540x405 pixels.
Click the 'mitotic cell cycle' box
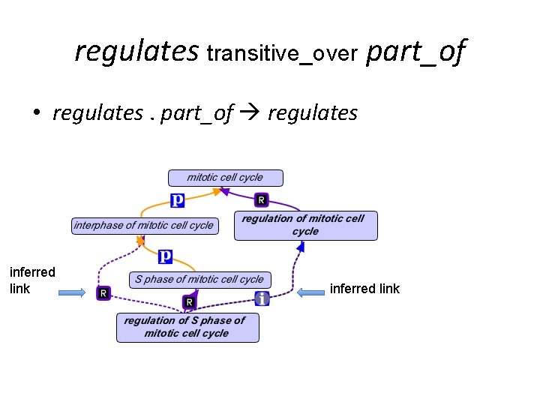point(225,178)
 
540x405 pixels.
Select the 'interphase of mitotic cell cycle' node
point(143,225)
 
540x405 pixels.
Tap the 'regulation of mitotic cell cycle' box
point(305,225)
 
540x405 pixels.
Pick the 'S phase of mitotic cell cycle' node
point(199,279)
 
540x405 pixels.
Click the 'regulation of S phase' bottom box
point(187,327)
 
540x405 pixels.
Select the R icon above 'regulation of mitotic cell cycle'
point(261,199)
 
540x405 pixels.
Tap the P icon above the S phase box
point(166,256)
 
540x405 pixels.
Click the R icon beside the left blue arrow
point(103,293)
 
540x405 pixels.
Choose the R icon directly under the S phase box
point(190,302)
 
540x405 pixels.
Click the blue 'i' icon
point(262,298)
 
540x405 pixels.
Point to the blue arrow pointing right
point(73,293)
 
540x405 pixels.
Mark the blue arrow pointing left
point(310,292)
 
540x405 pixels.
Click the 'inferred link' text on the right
point(364,289)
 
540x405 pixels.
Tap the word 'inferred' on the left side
point(32,271)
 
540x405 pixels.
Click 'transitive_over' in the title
point(282,54)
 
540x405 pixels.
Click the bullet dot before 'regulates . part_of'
point(35,114)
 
